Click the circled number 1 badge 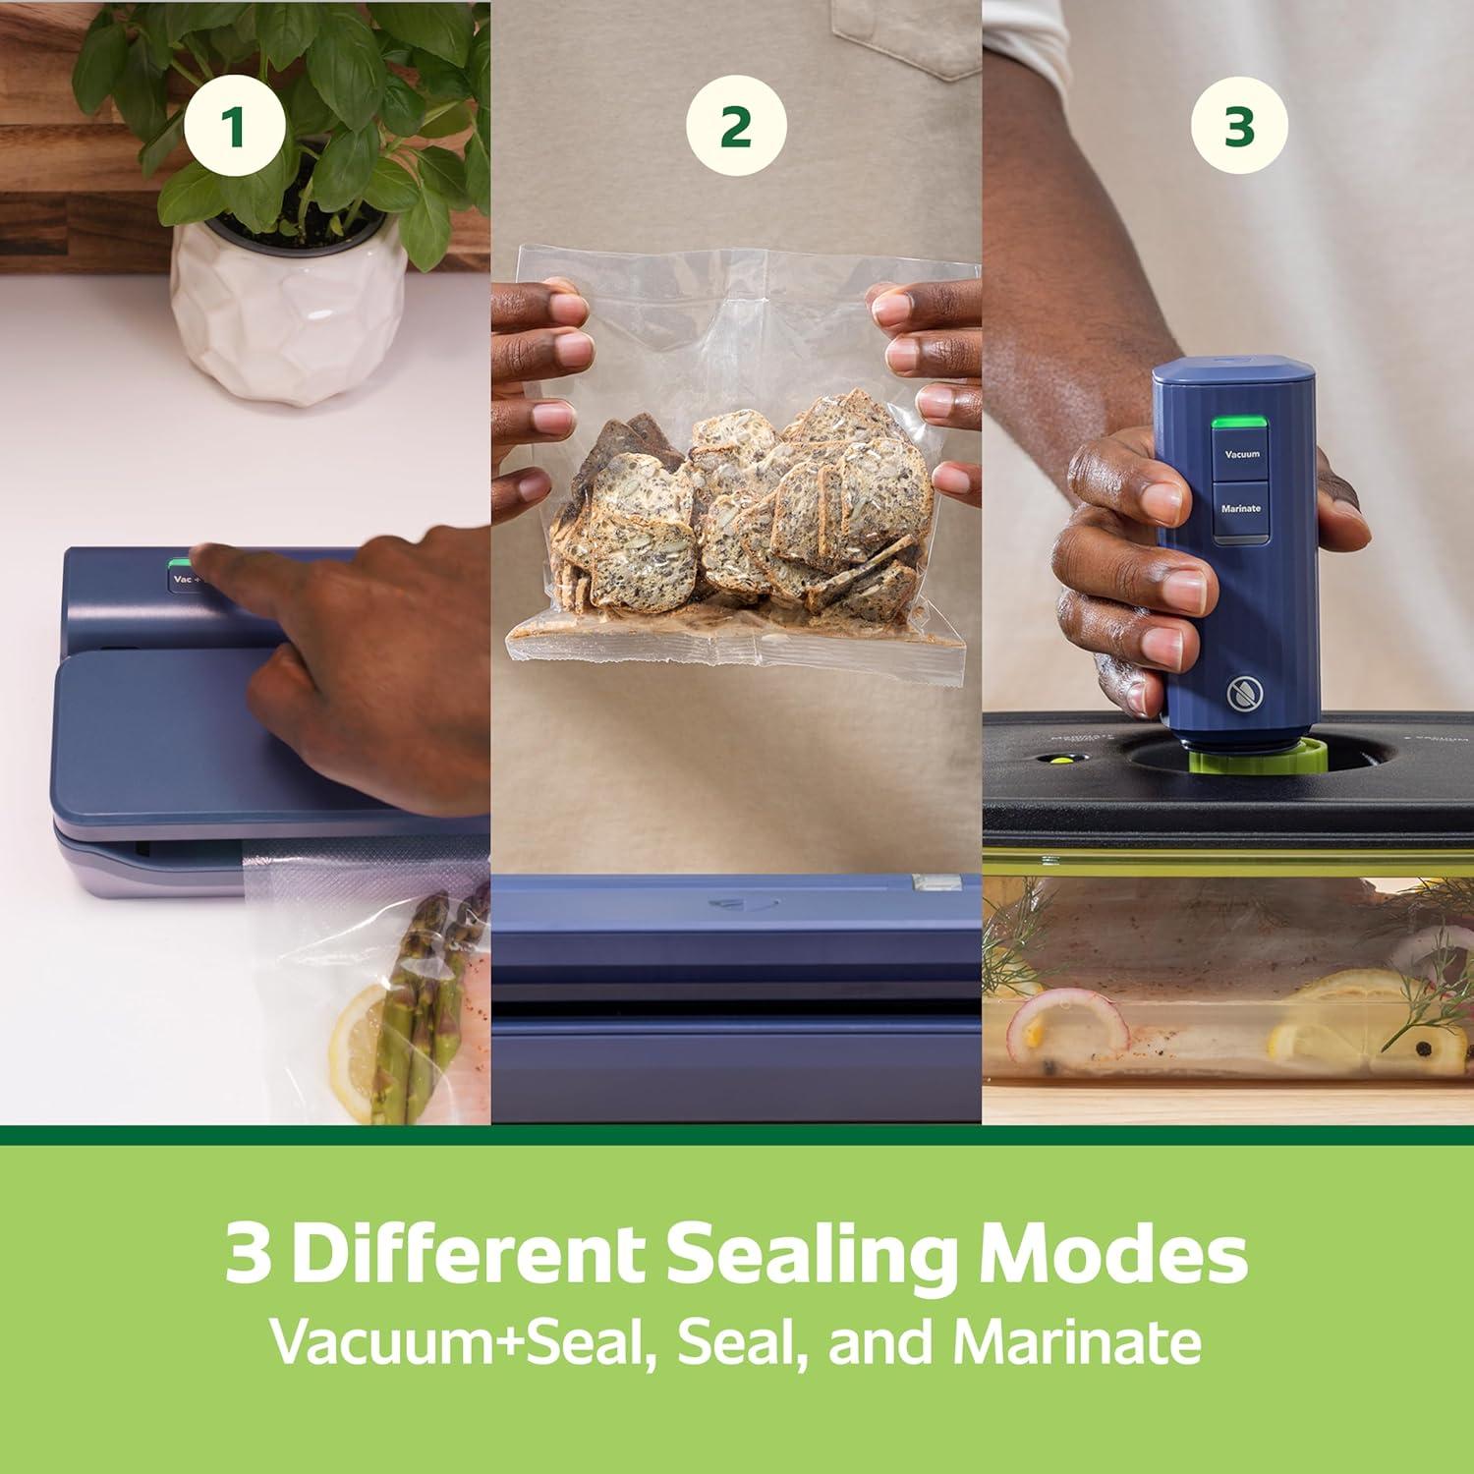point(234,127)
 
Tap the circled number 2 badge point(736,127)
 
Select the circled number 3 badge point(1239,127)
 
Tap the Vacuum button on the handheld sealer point(1241,455)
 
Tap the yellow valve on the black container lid point(1058,759)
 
